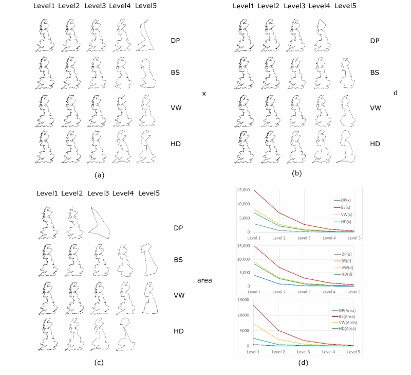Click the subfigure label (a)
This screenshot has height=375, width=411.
(100, 175)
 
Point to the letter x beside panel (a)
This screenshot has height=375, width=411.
(204, 94)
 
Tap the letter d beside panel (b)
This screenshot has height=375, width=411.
(395, 94)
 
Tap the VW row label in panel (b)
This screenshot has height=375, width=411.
(376, 108)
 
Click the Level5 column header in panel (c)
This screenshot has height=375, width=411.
(149, 193)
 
